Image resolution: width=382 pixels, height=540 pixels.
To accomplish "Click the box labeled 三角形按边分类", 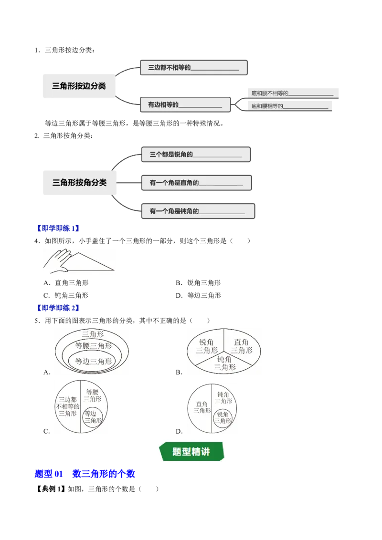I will (x=79, y=86).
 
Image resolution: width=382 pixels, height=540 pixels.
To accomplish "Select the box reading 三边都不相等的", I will (x=193, y=68).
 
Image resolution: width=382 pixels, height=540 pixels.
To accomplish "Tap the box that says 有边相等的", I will (x=185, y=104).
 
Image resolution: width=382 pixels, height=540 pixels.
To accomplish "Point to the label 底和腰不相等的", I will (x=292, y=93).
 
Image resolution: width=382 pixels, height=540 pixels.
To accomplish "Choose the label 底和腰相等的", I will (x=289, y=106).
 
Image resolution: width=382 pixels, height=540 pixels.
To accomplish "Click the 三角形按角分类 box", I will (x=79, y=183).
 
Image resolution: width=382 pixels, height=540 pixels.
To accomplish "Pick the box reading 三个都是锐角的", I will (x=196, y=155).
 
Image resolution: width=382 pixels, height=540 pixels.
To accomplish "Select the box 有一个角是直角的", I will (x=196, y=183).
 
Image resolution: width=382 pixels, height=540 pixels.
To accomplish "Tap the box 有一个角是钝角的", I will (x=197, y=211).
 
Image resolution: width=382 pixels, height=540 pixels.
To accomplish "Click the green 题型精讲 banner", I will (x=191, y=452).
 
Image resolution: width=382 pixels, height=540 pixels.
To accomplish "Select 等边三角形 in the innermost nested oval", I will (x=94, y=362).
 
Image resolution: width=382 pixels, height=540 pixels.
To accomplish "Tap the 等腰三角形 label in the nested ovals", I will (x=94, y=346).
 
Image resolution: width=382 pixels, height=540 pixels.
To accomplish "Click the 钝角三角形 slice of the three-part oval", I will (x=224, y=363).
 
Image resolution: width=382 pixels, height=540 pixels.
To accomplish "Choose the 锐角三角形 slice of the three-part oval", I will (x=206, y=346).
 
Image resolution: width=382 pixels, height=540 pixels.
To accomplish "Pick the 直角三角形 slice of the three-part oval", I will (x=242, y=346).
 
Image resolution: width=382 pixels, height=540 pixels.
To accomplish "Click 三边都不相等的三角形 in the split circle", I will (x=67, y=406).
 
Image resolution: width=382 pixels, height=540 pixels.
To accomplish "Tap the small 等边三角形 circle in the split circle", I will (x=93, y=417).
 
